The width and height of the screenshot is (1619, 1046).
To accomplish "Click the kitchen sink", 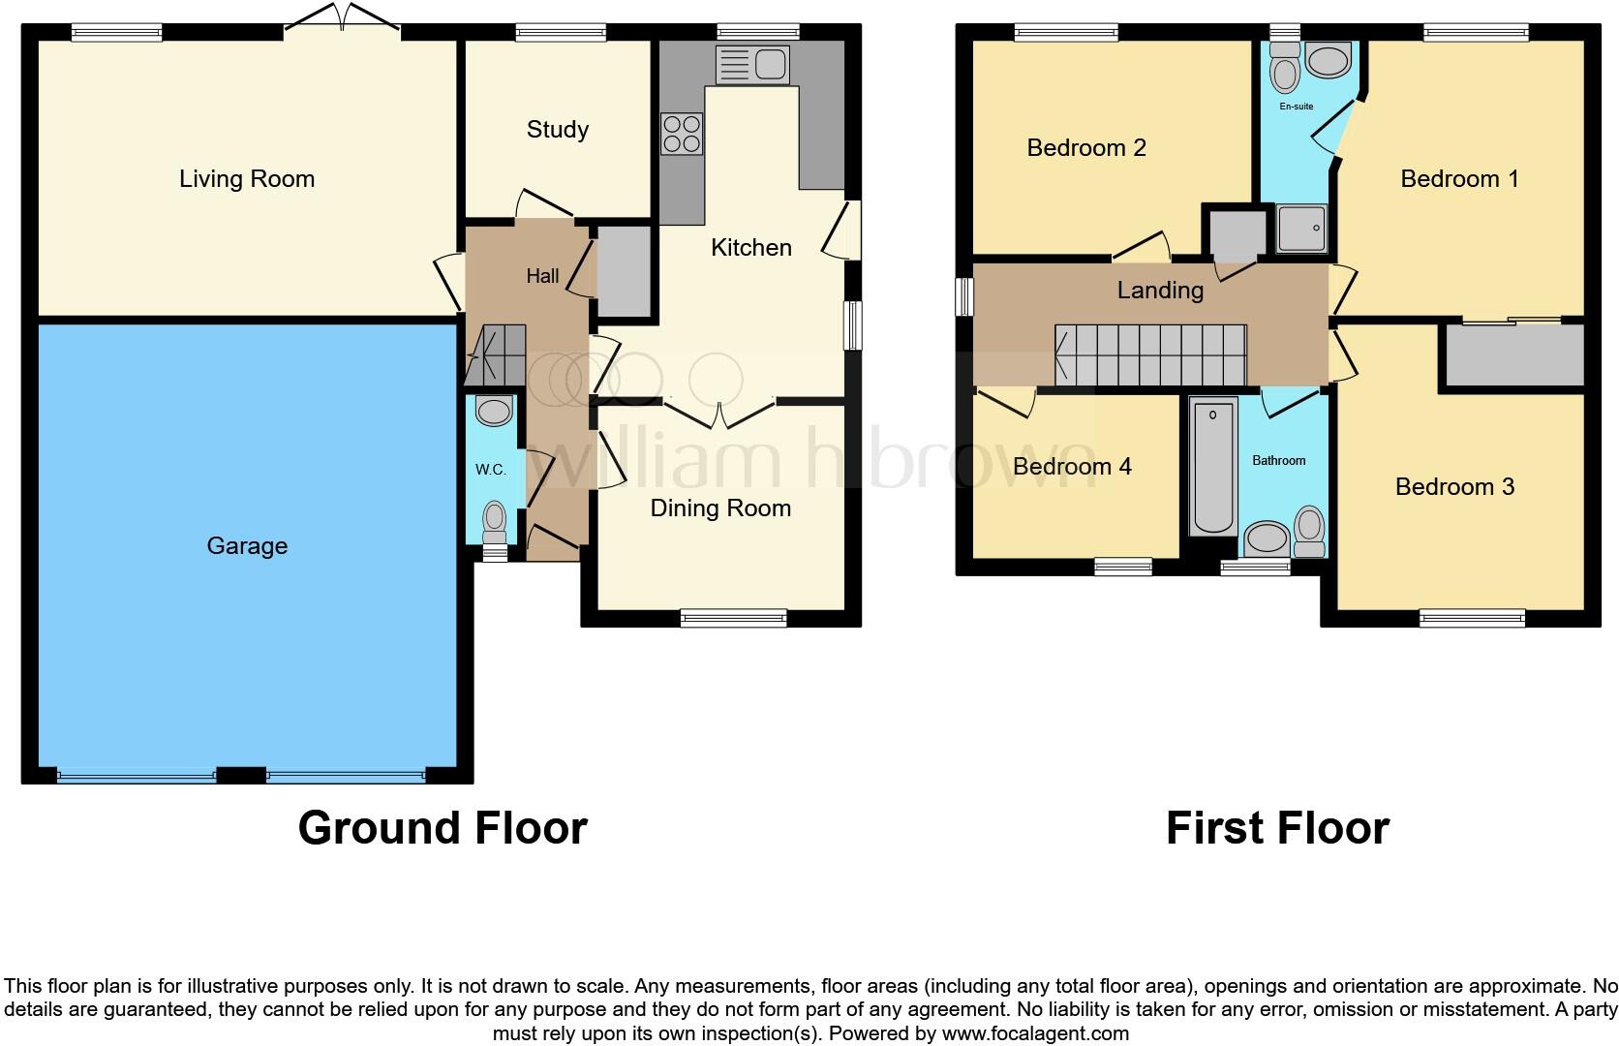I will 752,65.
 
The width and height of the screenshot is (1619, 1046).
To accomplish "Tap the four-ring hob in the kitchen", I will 682,135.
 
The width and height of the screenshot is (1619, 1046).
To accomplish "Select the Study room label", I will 557,130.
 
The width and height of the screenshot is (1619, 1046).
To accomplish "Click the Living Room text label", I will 247,179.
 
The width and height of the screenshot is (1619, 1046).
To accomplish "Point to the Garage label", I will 247,546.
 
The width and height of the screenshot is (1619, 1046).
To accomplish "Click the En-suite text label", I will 1296,107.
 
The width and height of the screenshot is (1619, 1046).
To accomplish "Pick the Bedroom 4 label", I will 1072,467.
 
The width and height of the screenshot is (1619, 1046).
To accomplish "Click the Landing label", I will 1160,290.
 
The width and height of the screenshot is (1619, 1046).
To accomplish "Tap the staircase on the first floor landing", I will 1150,354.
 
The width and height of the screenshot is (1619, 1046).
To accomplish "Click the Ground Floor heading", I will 443,828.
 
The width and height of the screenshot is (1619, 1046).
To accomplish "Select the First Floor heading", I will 1277,828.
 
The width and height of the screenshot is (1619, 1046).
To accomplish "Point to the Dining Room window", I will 733,618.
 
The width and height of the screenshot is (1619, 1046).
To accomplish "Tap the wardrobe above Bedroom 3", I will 1513,354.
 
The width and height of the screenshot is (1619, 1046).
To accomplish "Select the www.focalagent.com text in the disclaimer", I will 1035,1033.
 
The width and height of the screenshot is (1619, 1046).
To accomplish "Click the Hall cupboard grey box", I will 624,271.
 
